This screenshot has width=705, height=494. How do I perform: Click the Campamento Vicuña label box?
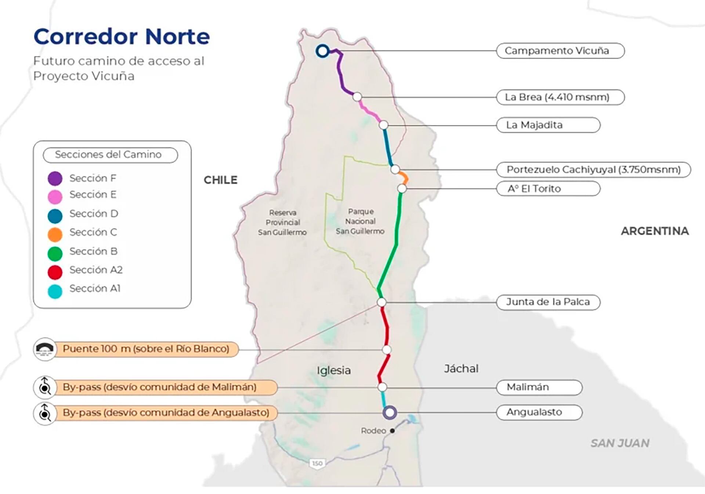[x=560, y=51]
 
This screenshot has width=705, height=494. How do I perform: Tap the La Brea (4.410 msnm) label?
[x=560, y=97]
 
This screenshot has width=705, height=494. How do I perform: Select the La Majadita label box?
[x=548, y=125]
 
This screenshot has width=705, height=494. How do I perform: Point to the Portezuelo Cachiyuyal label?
[x=593, y=169]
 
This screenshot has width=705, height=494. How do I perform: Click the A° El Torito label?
[x=548, y=189]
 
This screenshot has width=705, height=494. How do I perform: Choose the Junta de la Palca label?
[x=548, y=302]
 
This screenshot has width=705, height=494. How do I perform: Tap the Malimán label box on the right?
[x=539, y=387]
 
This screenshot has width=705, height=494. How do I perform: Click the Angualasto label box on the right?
[x=539, y=412]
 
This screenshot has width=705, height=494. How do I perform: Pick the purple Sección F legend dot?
[x=55, y=179]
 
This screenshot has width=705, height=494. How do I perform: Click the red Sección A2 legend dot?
[x=55, y=272]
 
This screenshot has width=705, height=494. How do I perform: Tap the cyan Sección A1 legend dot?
[x=55, y=291]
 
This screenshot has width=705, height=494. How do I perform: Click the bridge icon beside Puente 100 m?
[x=45, y=349]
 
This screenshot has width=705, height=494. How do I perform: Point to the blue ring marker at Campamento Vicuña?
[x=322, y=51]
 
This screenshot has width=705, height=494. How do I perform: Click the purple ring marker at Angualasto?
[x=390, y=412]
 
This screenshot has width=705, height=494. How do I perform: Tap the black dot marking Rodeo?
[x=392, y=431]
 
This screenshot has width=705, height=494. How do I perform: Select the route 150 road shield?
[x=317, y=464]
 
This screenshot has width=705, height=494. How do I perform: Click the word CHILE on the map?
[x=220, y=180]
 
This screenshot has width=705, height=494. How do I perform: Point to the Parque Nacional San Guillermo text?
[x=360, y=221]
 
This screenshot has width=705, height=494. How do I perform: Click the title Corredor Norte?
[x=122, y=37]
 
